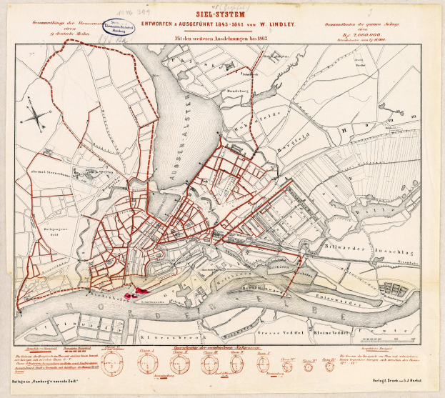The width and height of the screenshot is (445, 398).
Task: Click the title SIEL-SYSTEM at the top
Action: tap(224, 11)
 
